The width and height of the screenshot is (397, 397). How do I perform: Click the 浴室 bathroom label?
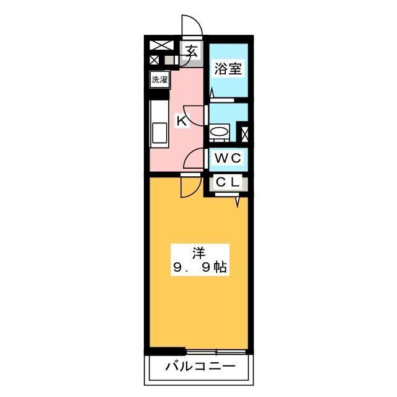click(x=228, y=69)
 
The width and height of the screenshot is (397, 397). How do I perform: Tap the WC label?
click(x=228, y=158)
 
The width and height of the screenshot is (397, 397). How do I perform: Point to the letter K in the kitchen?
click(x=181, y=121)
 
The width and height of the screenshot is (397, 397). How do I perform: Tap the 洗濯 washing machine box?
click(x=159, y=79)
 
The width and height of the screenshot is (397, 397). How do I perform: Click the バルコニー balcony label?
click(x=200, y=367)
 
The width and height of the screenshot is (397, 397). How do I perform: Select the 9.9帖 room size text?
click(x=199, y=268)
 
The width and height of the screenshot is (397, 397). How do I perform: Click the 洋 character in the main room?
click(x=199, y=252)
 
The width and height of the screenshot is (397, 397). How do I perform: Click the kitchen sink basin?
click(x=159, y=132)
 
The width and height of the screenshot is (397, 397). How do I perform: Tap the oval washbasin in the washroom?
click(x=219, y=132)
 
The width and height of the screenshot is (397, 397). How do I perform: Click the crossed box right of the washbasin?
click(x=244, y=133)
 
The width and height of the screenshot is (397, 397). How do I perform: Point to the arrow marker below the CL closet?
click(x=237, y=202)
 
